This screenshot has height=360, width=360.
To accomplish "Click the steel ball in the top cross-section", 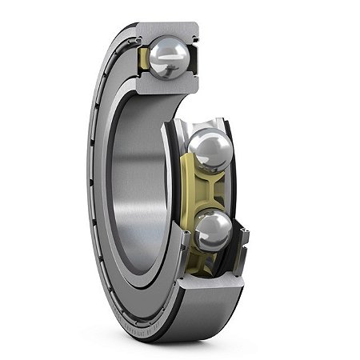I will pyautogui.click(x=170, y=57).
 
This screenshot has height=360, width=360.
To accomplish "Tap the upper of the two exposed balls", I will pyautogui.click(x=210, y=150).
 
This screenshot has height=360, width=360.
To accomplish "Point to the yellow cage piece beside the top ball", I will pyautogui.click(x=145, y=60).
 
